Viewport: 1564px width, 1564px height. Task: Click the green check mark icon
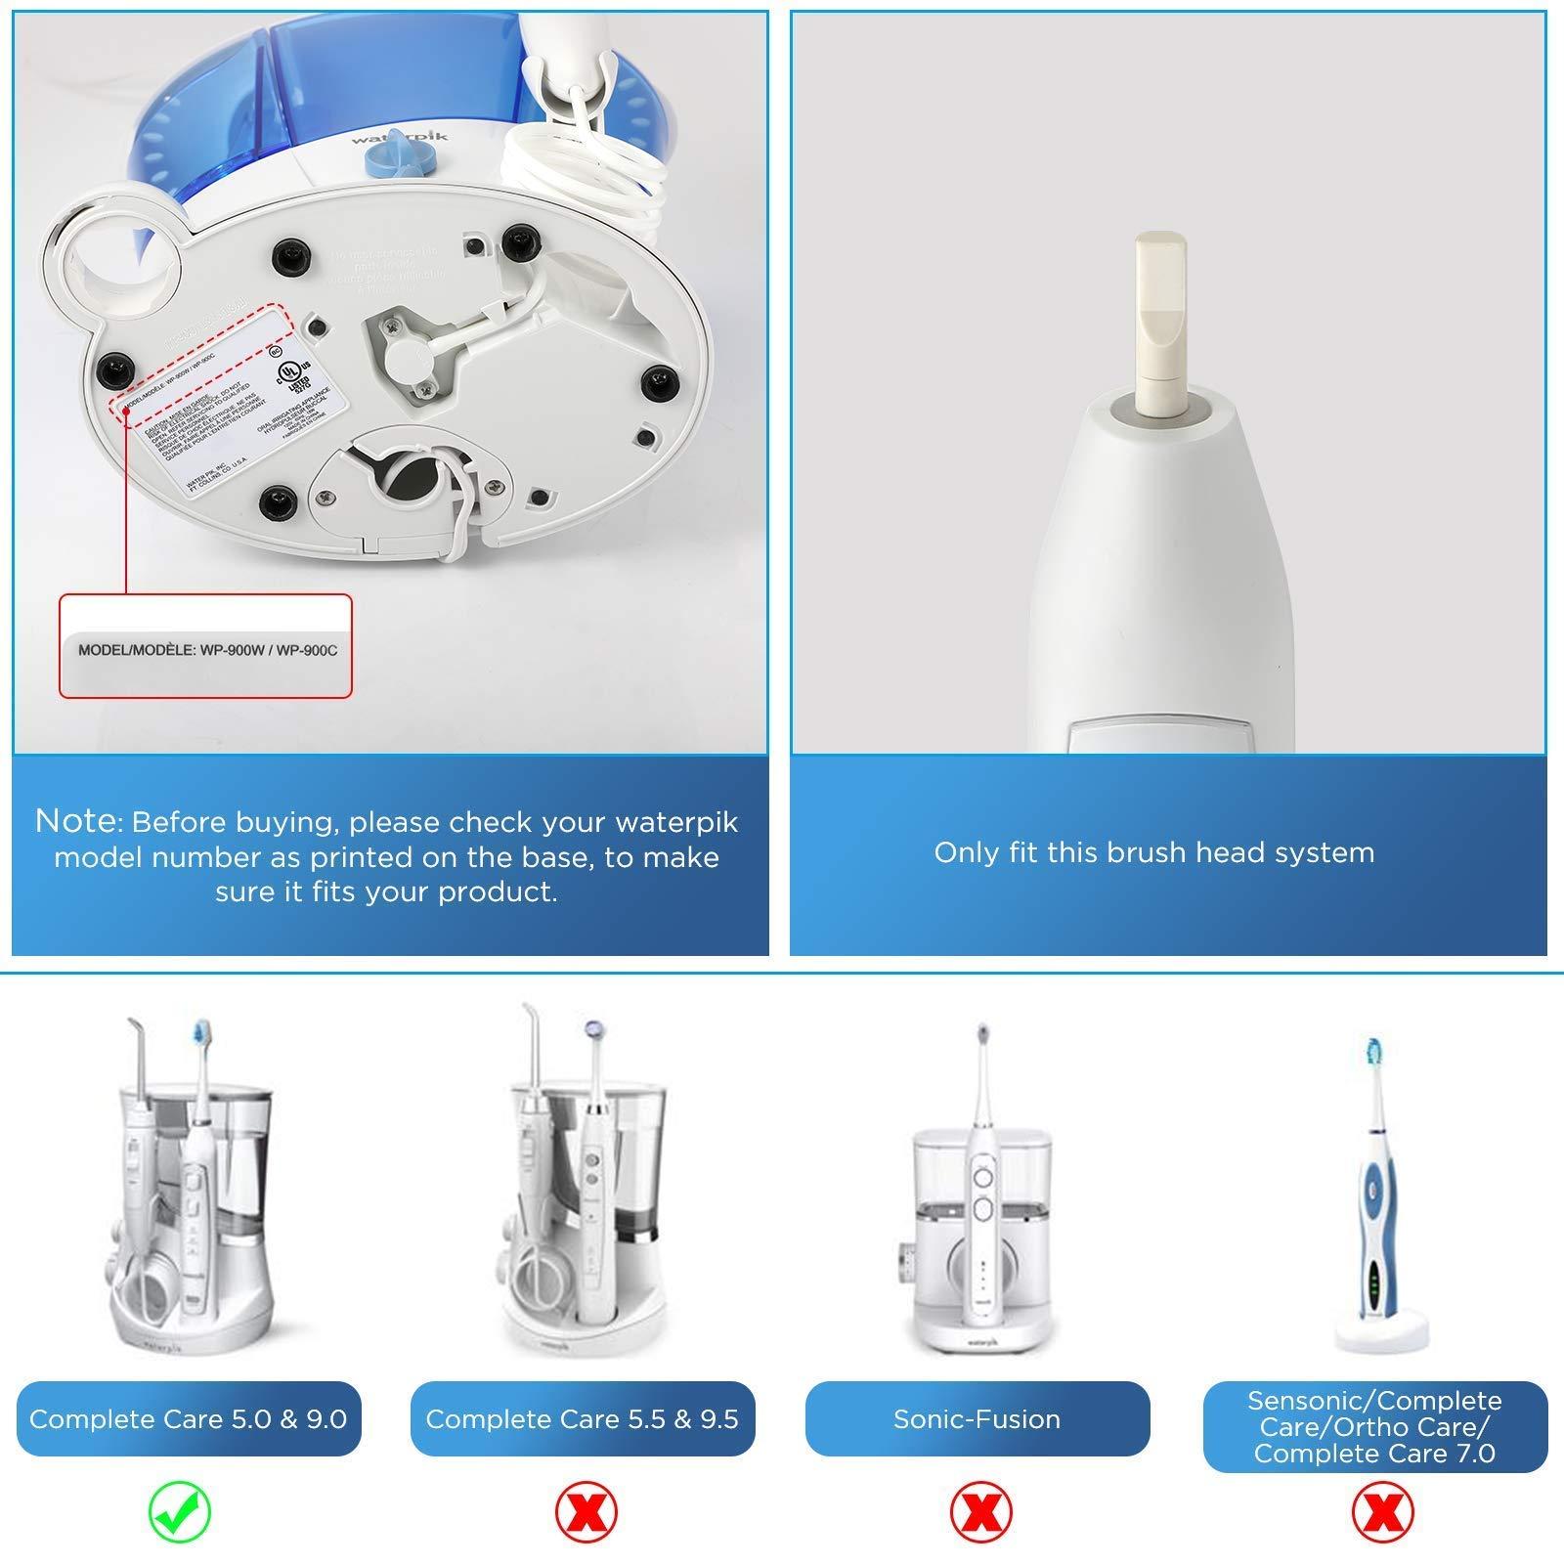tap(180, 1513)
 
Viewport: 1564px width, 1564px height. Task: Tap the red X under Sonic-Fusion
tap(980, 1513)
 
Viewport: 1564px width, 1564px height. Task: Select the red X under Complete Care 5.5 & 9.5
tap(586, 1513)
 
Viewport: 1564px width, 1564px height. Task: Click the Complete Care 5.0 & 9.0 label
tap(189, 1419)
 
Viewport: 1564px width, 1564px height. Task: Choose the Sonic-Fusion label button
tap(977, 1419)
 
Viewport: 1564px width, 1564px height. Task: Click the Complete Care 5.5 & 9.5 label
tap(582, 1419)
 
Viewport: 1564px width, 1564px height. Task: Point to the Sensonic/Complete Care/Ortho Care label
tap(1374, 1427)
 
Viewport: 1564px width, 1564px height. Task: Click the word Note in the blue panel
tap(76, 821)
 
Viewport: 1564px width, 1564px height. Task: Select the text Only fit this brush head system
tap(1153, 852)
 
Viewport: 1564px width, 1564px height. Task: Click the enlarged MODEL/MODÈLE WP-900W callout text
tap(207, 650)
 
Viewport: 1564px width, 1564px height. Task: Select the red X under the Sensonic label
tap(1382, 1513)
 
